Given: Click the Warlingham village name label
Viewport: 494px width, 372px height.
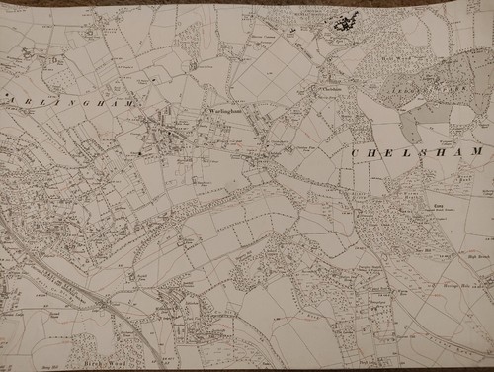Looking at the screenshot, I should click(226, 112).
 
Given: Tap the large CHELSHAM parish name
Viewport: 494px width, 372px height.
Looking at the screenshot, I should click(416, 151).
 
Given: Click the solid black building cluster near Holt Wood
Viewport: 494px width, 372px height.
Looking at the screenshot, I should click(345, 21).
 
